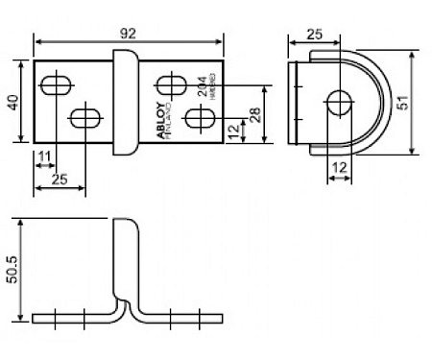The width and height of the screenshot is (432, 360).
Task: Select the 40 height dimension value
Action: [14, 101]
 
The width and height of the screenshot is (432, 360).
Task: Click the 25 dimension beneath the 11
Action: [60, 180]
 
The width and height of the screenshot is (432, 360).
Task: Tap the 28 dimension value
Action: [254, 114]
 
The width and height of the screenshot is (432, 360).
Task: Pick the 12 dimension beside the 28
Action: [233, 129]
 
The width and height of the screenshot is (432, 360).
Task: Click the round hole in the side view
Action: [338, 101]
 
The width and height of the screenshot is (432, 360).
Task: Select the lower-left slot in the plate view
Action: [84, 119]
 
